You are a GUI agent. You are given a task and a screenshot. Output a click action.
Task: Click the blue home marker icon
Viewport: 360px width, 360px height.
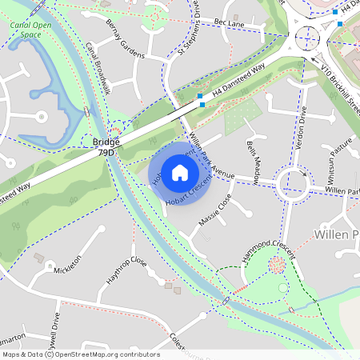(x=180, y=172)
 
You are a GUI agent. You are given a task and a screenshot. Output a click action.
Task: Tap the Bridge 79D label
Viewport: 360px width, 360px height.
(x=106, y=146)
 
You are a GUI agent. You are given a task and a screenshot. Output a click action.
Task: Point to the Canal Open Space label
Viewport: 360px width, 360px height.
(x=31, y=30)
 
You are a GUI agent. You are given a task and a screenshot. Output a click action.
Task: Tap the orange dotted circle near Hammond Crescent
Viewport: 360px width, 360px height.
(x=276, y=265)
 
